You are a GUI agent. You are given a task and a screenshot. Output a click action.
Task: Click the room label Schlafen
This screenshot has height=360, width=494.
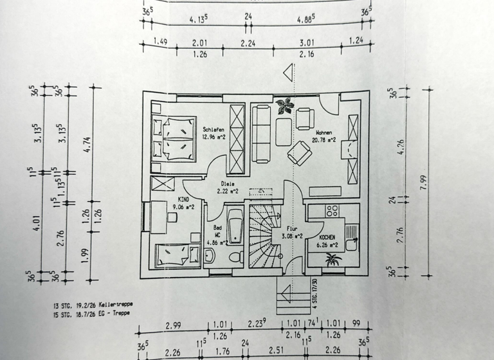(212, 129)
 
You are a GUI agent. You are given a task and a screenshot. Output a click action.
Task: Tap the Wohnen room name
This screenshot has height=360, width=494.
(327, 131)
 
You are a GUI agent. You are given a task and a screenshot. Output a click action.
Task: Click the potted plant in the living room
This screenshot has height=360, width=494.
(283, 105)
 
